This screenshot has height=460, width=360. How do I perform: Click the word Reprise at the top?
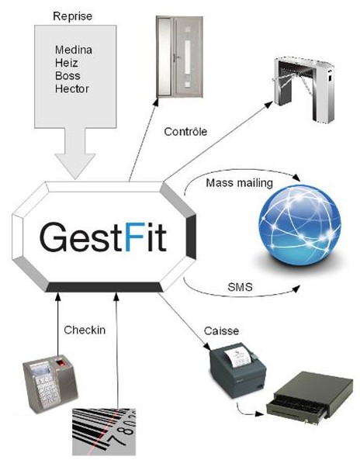(x=72, y=16)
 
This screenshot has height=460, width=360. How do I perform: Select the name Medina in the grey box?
(x=74, y=50)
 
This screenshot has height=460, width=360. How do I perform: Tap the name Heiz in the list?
(x=67, y=63)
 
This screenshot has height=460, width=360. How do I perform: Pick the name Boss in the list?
(x=67, y=76)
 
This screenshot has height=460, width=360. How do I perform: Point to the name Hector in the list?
(x=72, y=88)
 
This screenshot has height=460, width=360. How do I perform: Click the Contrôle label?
(x=185, y=131)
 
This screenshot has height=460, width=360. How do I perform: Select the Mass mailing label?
(x=240, y=183)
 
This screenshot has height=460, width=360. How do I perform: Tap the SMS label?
(x=240, y=286)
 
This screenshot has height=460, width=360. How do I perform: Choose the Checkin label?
(x=85, y=330)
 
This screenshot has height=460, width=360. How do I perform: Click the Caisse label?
(x=221, y=331)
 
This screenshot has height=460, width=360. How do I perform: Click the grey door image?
(x=179, y=57)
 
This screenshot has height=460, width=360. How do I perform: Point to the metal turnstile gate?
(x=304, y=89)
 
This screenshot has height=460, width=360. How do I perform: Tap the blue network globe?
(x=299, y=225)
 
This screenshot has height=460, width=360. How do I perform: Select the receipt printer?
(x=237, y=370)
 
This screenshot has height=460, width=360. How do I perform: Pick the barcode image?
(x=104, y=431)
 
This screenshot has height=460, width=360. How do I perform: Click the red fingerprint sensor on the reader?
(x=61, y=363)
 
